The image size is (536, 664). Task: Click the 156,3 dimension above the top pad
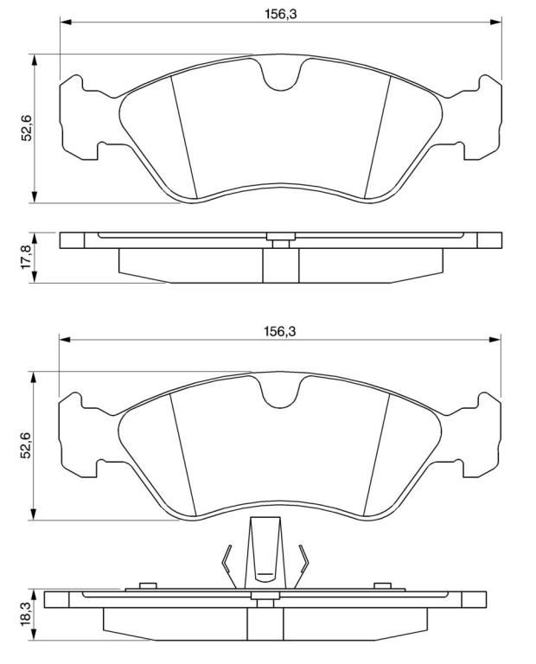[x=281, y=14]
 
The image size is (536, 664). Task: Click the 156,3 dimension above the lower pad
[x=280, y=332]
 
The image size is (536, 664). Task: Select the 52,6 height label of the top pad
[x=27, y=128]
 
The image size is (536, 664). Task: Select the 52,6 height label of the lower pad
[x=27, y=445]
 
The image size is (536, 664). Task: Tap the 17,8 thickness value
[x=27, y=257]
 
